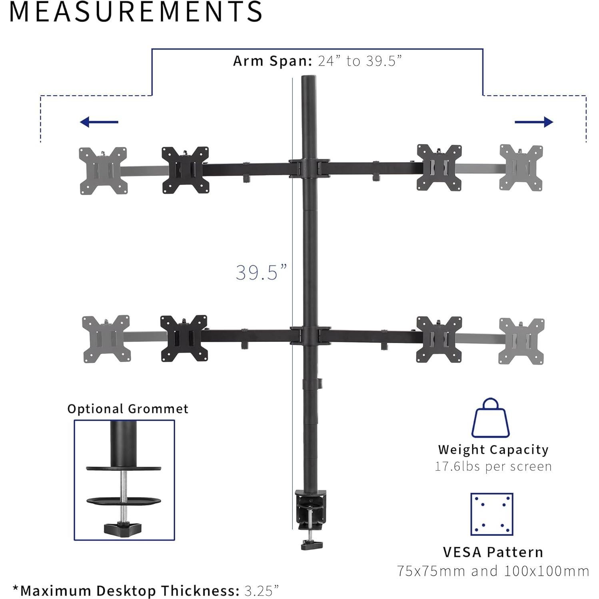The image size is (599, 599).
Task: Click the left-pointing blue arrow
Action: tap(99, 122)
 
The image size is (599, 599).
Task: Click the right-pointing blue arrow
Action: tap(534, 122)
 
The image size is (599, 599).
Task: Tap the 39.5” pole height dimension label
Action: tap(261, 273)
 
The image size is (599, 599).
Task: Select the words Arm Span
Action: tap(272, 61)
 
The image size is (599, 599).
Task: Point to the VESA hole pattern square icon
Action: tap(491, 514)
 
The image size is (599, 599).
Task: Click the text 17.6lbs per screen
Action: tap(493, 467)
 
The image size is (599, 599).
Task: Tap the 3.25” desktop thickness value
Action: tap(262, 590)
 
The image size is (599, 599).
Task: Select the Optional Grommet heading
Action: tap(128, 409)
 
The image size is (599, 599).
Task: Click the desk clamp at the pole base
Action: tap(309, 510)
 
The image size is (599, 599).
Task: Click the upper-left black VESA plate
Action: tap(185, 170)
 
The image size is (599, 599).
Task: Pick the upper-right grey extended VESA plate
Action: tap(521, 168)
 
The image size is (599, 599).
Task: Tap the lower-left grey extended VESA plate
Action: tap(106, 339)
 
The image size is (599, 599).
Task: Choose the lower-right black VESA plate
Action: tap(439, 339)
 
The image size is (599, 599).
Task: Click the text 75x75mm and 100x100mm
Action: tap(493, 571)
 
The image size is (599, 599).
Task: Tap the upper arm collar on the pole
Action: tap(309, 168)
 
